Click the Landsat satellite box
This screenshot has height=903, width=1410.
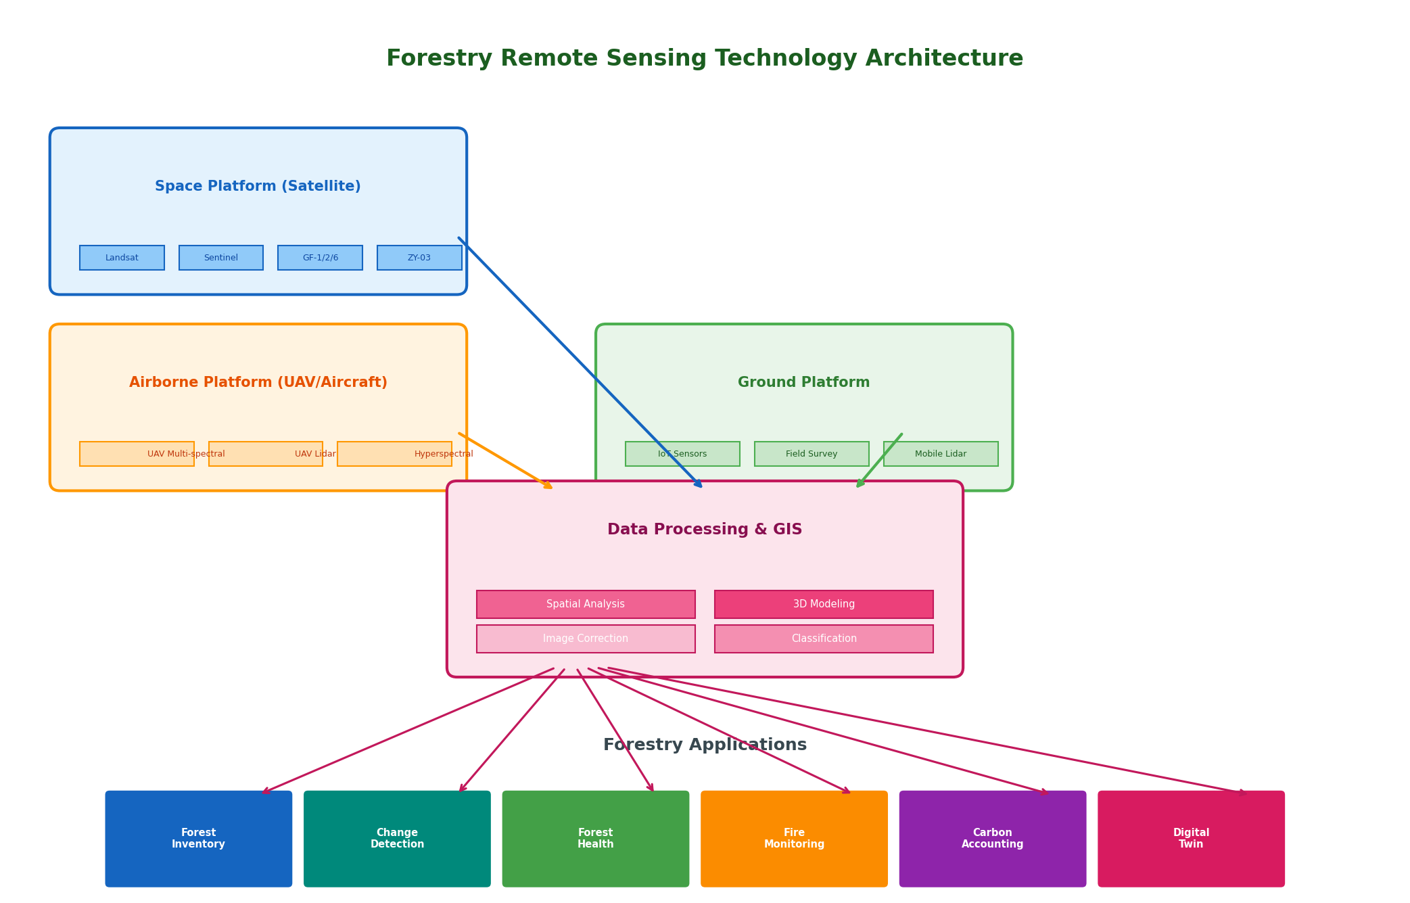122,258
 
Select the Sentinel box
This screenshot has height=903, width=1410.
221,258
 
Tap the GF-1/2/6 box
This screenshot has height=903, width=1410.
320,258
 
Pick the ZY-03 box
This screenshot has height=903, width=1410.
419,258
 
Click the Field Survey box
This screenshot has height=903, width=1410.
812,454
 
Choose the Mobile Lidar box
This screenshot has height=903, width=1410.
941,454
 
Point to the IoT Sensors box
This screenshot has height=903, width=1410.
682,454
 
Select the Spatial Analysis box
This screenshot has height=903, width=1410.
586,604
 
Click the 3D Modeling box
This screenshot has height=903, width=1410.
824,604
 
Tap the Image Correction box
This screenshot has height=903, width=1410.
586,639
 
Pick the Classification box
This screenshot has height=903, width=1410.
824,639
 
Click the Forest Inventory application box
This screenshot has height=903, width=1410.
199,839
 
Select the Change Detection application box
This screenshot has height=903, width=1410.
397,839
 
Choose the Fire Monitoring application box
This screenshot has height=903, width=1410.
794,839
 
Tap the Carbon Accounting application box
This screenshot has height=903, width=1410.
993,839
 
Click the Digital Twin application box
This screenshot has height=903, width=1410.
1191,839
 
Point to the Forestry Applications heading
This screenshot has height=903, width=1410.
705,745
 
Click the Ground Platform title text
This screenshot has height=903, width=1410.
803,382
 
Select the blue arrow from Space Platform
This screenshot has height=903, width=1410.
580,363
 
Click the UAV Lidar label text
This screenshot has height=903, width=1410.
315,454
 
